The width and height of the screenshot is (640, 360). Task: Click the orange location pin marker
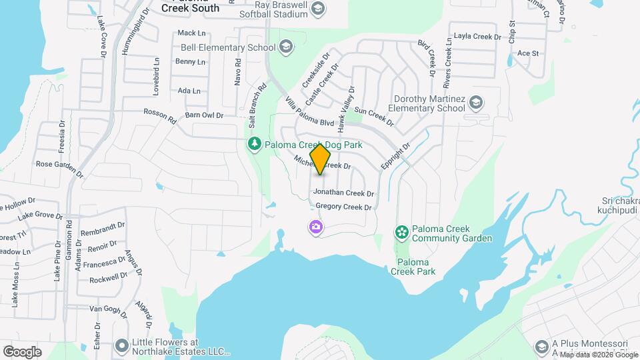click(x=321, y=158)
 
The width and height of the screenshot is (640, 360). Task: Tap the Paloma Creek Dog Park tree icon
click(x=254, y=144)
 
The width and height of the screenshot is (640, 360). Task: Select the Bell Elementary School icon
click(x=286, y=47)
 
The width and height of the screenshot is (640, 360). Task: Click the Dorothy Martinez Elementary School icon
click(x=476, y=103)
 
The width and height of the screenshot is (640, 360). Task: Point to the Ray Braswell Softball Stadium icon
click(x=318, y=8)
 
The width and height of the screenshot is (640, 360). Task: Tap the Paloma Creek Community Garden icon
click(x=401, y=232)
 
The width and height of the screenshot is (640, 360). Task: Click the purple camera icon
click(x=315, y=227)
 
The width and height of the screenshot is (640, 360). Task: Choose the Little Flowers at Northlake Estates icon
click(x=121, y=345)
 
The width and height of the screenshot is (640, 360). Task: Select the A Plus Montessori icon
click(x=542, y=346)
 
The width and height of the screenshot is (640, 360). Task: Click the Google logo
click(x=22, y=351)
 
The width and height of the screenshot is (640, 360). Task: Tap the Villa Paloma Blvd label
click(x=309, y=111)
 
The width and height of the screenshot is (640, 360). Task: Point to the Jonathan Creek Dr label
click(x=343, y=193)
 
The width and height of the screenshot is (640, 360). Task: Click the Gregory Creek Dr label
click(x=343, y=207)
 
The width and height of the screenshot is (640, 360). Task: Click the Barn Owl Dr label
click(x=204, y=115)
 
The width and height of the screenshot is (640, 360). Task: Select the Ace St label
click(x=527, y=53)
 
